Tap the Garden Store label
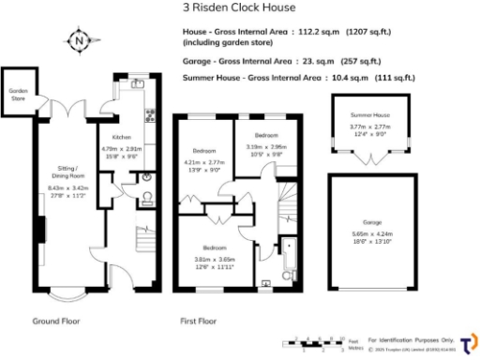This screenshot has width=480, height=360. [18, 94]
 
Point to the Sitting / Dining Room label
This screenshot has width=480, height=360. [68, 174]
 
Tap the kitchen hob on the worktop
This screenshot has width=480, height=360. [149, 116]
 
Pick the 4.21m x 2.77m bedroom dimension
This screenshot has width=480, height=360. [205, 166]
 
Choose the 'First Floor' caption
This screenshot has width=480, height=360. [199, 322]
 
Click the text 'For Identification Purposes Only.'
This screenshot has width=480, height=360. [411, 338]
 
